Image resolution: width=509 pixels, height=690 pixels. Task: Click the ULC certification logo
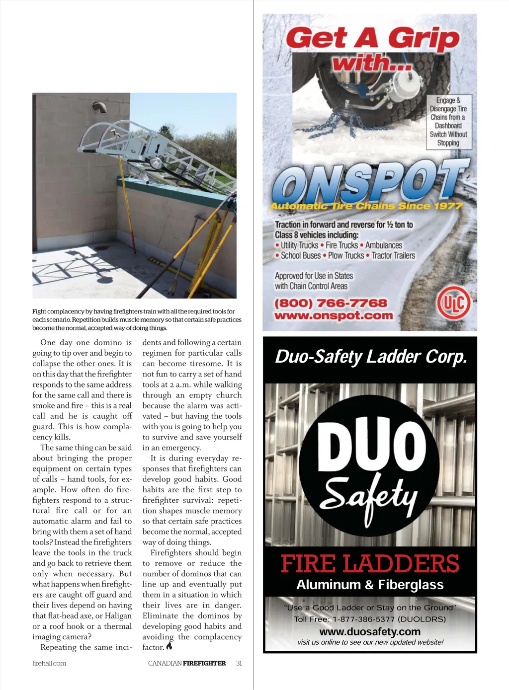coord(453,303)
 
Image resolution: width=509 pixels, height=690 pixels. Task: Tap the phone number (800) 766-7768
coord(331,303)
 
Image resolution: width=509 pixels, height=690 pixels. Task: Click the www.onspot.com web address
coord(334,315)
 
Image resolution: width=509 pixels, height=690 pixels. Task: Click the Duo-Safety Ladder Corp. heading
coord(371,357)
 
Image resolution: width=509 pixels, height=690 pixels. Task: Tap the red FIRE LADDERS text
coord(370,564)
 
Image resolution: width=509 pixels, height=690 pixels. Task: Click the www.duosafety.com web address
coord(370,632)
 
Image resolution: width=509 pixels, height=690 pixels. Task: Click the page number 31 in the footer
coord(239,663)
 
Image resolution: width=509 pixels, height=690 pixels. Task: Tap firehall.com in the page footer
coord(49,663)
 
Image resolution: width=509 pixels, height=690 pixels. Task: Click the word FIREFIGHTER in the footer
coord(204,663)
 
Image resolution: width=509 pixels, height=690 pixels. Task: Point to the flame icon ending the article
coord(170,646)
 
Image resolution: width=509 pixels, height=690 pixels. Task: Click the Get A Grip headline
coord(373,38)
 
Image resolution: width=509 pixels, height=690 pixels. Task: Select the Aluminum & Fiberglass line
coord(370,585)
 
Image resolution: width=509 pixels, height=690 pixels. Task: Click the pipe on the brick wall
coord(101,107)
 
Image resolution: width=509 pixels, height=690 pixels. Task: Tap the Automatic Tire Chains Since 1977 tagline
coord(366,206)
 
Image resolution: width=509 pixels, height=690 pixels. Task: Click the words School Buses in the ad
coord(301,256)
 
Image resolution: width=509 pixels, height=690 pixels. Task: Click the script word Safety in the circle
coord(369,494)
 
